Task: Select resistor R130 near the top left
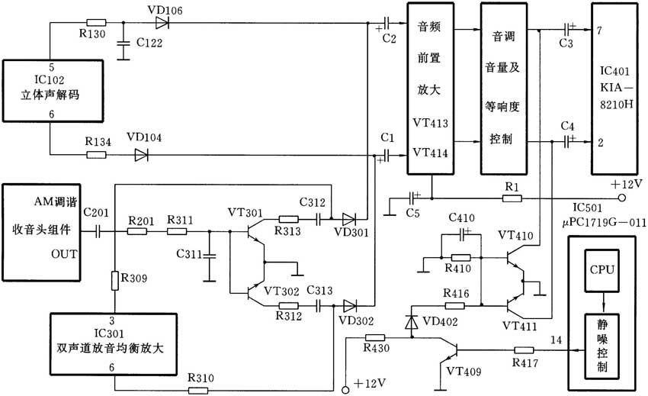tap(97, 23)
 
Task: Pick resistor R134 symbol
tap(97, 155)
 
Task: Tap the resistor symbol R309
tap(115, 280)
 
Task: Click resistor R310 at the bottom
tap(199, 390)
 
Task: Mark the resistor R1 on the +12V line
tap(512, 198)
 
